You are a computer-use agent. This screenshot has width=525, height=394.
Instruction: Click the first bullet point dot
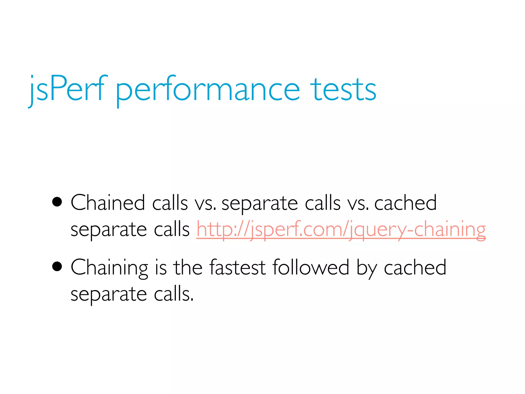(57, 202)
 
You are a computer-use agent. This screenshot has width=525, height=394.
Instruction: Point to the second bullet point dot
(57, 267)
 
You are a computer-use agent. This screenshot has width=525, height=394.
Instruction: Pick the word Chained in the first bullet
(108, 203)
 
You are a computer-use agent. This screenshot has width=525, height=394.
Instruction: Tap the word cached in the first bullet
(406, 203)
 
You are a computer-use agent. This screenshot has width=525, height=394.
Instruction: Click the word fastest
(237, 268)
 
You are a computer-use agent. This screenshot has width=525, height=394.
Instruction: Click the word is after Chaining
(161, 268)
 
